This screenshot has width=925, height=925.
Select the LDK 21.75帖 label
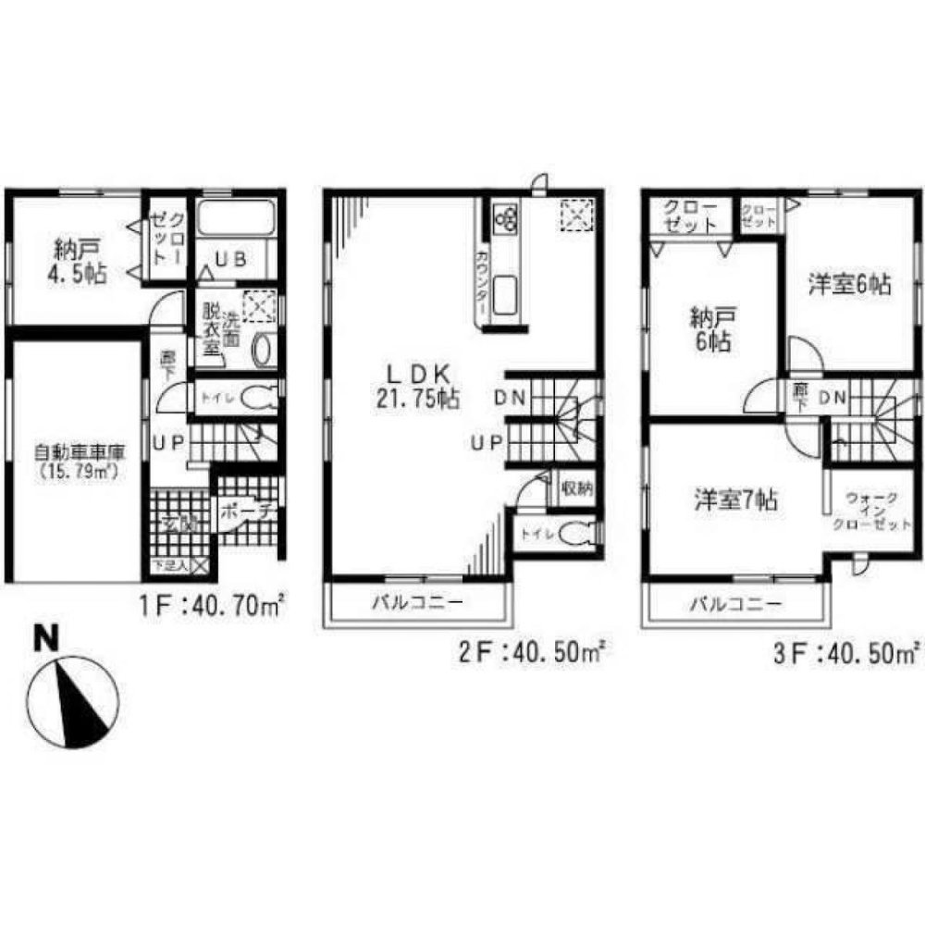pyautogui.click(x=418, y=387)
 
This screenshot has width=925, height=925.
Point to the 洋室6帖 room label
pyautogui.click(x=848, y=286)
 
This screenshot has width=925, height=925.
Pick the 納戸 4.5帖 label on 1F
pyautogui.click(x=78, y=261)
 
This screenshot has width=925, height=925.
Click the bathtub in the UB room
pyautogui.click(x=233, y=222)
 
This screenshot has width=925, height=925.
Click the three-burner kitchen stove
pyautogui.click(x=506, y=219)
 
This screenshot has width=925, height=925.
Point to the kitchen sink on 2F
pyautogui.click(x=508, y=296)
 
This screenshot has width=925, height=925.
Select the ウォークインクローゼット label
pyautogui.click(x=869, y=511)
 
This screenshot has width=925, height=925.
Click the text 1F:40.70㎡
pyautogui.click(x=211, y=610)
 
